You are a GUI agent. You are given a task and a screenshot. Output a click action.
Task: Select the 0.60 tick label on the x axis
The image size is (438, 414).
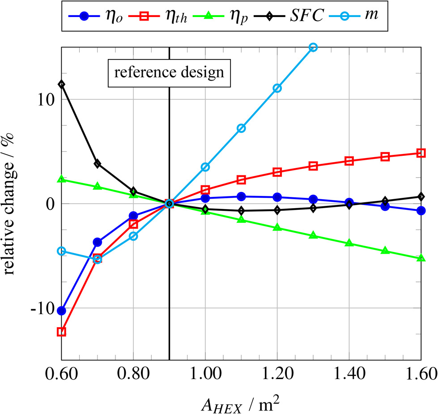coord(62,372)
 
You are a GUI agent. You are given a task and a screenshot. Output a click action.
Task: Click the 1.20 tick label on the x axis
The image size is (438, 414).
coord(277,372)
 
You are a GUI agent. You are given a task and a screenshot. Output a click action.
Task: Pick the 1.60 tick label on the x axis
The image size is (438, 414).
coord(421,372)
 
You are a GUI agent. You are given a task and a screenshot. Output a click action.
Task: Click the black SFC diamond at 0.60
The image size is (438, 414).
coord(62,84)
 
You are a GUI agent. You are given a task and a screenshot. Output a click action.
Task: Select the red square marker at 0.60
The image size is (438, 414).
coord(62,332)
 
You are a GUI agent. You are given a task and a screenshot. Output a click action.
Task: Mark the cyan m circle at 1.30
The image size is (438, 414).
coord(313,47)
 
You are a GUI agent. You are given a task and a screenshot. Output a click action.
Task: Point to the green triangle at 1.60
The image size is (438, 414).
coord(421,258)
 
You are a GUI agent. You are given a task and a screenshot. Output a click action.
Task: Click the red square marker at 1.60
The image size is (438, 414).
coord(421,153)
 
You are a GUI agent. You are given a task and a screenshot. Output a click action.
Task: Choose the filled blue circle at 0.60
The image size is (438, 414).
coord(62,311)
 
